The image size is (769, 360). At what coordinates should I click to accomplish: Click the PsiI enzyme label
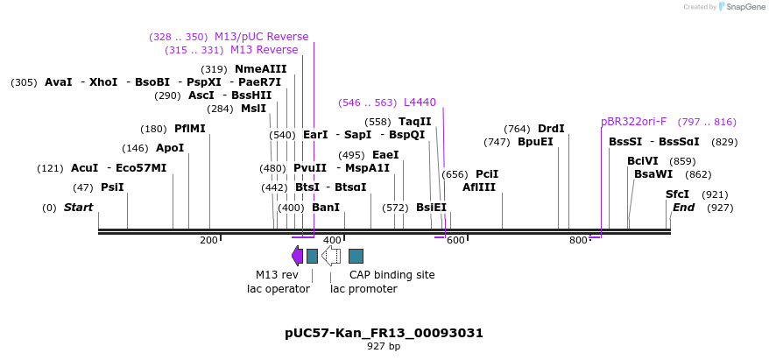pyautogui.click(x=112, y=187)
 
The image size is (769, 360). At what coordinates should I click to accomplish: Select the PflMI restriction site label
pyautogui.click(x=189, y=128)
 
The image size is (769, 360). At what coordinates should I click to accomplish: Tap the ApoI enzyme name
pyautogui.click(x=170, y=148)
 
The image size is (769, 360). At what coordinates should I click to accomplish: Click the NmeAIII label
pyautogui.click(x=260, y=69)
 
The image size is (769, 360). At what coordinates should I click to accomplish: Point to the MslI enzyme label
pyautogui.click(x=253, y=109)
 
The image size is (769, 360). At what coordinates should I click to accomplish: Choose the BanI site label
pyautogui.click(x=325, y=208)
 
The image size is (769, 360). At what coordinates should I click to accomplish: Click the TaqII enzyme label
pyautogui.click(x=414, y=122)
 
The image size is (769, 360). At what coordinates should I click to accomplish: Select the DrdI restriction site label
pyautogui.click(x=551, y=129)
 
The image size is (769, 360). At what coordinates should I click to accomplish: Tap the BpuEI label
pyautogui.click(x=535, y=142)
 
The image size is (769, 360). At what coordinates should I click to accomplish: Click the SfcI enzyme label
pyautogui.click(x=677, y=194)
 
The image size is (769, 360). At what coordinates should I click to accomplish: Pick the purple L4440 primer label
pyautogui.click(x=420, y=102)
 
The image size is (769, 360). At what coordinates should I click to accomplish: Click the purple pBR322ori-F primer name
pyautogui.click(x=633, y=122)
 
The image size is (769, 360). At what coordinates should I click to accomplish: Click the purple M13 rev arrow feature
pyautogui.click(x=297, y=255)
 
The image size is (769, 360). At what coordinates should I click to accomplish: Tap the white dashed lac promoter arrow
pyautogui.click(x=331, y=255)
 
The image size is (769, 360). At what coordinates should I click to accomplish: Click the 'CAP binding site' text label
pyautogui.click(x=392, y=274)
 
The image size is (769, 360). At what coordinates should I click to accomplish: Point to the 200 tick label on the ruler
pyautogui.click(x=208, y=240)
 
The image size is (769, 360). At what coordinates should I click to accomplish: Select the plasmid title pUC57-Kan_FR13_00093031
pyautogui.click(x=384, y=333)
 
